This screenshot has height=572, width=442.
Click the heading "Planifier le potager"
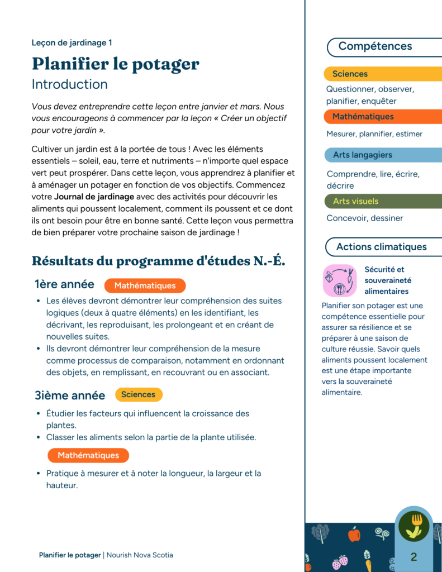pos(115,64)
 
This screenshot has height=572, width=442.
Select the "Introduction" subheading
pos(69,84)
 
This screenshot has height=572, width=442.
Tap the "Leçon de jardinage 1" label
pos(72,42)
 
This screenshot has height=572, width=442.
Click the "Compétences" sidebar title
pos(375,46)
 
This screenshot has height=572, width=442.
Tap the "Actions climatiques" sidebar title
pos(381,247)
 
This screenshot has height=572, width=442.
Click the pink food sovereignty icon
pos(339,280)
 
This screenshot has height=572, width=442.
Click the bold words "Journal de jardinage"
pos(94,197)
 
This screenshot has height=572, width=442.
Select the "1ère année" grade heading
pos(64,285)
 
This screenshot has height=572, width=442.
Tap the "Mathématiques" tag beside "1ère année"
pos(145,285)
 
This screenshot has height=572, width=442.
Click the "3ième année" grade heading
pos(70,395)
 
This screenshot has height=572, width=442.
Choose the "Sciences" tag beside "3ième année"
pos(138,394)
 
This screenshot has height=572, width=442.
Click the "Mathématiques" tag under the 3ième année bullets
pos(88,455)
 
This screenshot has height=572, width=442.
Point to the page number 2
pos(414,556)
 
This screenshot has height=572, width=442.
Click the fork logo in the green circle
pos(414,526)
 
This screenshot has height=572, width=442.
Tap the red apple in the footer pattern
pos(354,535)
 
